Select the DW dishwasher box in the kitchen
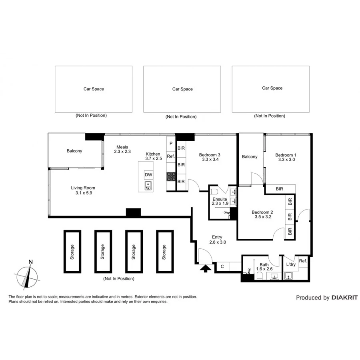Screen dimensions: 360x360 click(148, 175)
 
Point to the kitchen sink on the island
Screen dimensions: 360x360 click(148, 185)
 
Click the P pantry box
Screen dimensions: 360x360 click(171, 143)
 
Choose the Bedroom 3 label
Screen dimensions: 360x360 click(210, 155)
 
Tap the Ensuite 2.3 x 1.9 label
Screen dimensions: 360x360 click(220, 201)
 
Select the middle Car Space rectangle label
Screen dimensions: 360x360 click(182, 89)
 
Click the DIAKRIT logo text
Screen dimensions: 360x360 click(344, 298)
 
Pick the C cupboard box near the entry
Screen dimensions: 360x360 click(222, 266)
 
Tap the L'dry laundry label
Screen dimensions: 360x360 click(291, 264)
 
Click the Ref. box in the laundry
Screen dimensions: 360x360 click(303, 261)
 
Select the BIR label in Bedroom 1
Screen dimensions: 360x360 click(280, 189)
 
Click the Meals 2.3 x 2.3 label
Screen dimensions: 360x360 click(122, 149)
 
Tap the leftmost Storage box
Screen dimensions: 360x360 click(72, 252)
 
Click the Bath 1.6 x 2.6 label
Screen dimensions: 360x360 click(264, 267)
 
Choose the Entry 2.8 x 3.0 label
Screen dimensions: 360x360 click(217, 240)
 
